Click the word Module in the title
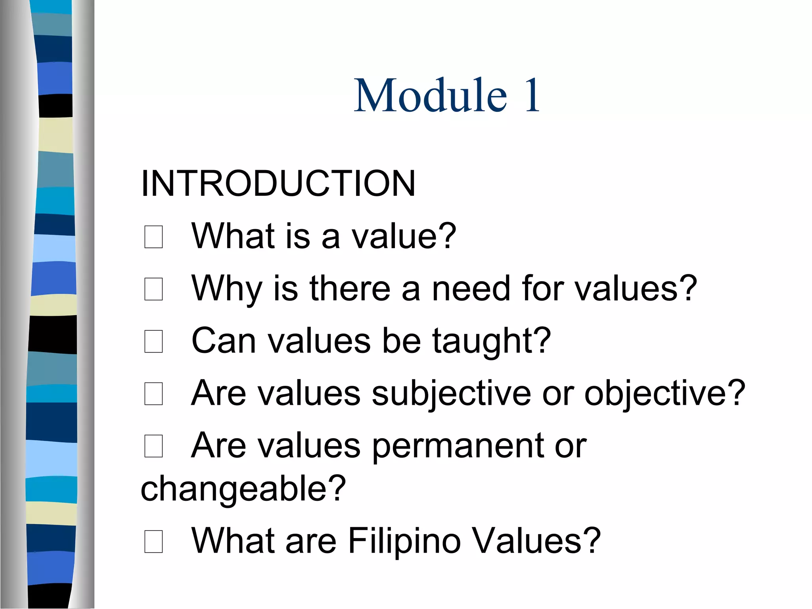(430, 96)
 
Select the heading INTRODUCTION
(278, 183)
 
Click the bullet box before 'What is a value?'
(153, 237)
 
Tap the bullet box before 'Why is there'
(153, 289)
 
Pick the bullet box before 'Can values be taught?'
(153, 341)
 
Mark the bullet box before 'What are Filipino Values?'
(153, 541)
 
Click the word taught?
(491, 341)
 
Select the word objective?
(665, 393)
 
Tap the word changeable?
(243, 488)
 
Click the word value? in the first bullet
(404, 236)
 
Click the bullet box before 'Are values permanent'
(153, 446)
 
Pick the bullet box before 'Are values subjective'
(153, 394)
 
